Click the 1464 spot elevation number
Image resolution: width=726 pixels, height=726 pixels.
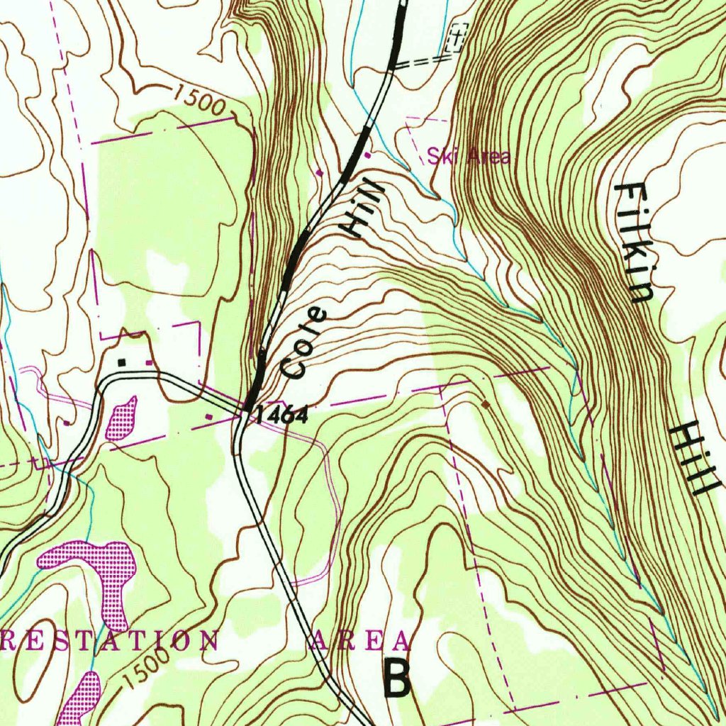[281, 415]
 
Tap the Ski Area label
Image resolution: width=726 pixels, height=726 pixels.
[468, 156]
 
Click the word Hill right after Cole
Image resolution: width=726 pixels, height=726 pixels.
[364, 207]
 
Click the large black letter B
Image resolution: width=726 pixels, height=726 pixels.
[397, 679]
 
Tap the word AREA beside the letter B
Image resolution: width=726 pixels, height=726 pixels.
[360, 641]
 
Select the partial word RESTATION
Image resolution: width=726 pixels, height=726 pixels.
[110, 640]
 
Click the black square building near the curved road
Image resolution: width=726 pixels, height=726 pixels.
[122, 362]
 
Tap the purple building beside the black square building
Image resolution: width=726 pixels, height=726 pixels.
[149, 362]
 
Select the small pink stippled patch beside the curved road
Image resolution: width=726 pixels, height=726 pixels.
[121, 418]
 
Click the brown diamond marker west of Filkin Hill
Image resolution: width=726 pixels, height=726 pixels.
[486, 403]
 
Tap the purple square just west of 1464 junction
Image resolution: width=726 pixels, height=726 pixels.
[210, 415]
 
